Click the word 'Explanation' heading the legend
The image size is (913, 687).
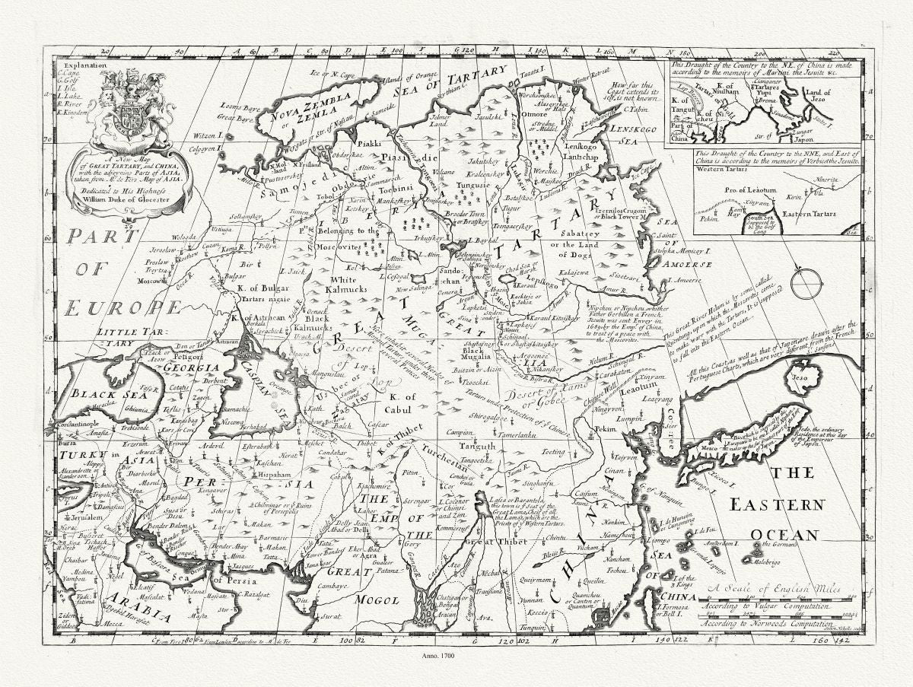tap(80, 65)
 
